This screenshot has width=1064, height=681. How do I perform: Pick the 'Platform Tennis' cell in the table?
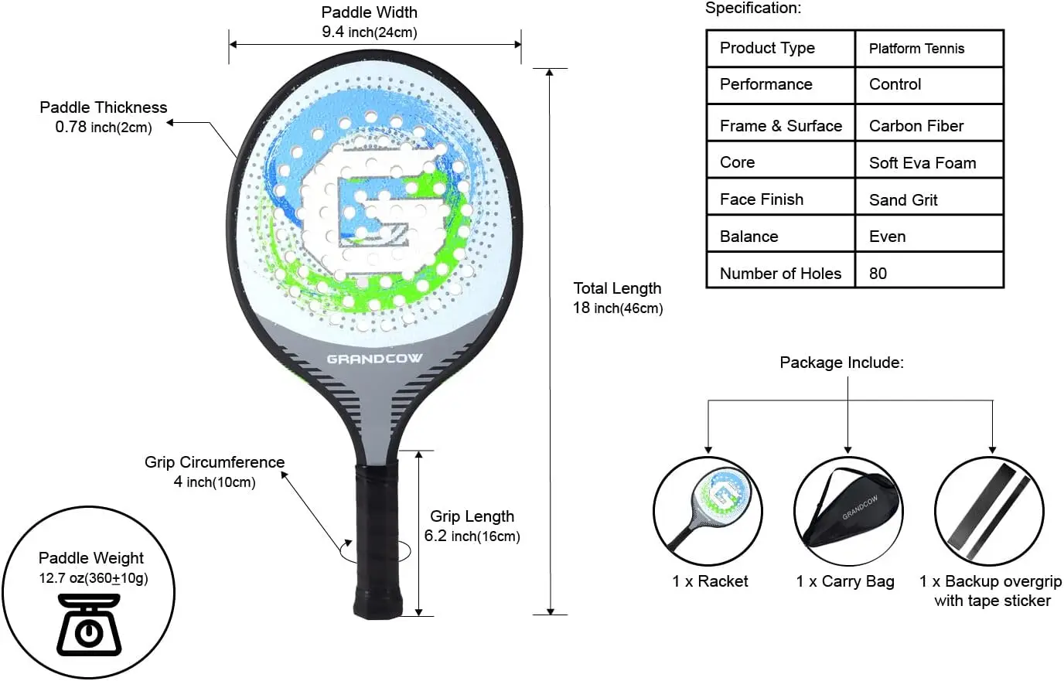(x=916, y=49)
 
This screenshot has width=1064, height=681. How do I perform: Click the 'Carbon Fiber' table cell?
(x=916, y=125)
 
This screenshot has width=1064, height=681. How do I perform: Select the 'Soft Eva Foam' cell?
(x=922, y=162)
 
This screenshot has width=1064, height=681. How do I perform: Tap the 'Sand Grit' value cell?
(x=902, y=199)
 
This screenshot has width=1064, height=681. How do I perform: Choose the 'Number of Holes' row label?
(x=779, y=273)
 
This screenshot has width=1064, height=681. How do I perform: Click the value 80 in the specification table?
(x=878, y=273)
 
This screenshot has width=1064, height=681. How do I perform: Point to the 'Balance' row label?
(x=749, y=237)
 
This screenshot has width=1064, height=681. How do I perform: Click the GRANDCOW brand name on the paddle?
(x=374, y=359)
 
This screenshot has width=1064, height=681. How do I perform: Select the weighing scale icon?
(x=90, y=625)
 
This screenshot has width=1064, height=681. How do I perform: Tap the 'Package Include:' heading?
(x=841, y=363)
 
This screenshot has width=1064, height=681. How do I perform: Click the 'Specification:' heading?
(x=753, y=9)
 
